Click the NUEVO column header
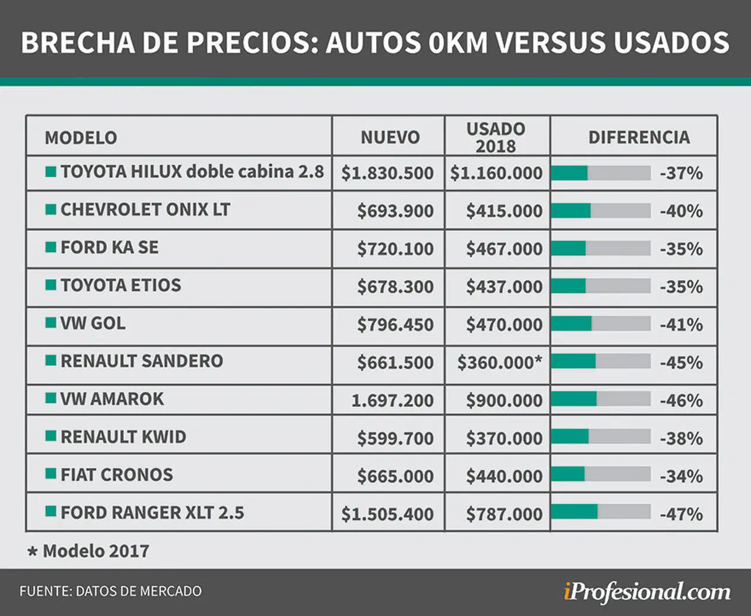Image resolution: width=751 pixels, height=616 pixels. coord(390,137)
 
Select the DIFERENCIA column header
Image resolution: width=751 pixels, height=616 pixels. coord(639,137)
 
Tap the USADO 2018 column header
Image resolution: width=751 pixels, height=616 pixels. coord(496,137)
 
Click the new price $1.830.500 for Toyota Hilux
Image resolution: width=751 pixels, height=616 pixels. coord(387,173)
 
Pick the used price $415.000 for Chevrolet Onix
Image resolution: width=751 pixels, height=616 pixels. coord(504,211)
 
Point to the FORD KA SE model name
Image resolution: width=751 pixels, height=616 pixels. coord(109,247)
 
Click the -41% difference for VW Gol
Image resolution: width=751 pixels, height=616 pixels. coord(681,324)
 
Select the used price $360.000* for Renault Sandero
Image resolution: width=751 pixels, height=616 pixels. coord(500,362)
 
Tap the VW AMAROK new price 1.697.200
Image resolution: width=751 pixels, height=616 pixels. coord(393,400)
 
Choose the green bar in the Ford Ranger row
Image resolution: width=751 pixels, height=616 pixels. coord(574,511)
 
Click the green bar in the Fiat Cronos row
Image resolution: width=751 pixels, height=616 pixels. coord(568,474)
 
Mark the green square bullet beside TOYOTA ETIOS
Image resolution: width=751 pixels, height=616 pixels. coord(50,285)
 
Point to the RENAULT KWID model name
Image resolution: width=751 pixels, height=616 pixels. coord(123,437)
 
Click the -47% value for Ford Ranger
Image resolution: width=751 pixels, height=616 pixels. coord(681,514)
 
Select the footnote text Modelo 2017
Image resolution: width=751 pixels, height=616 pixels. coord(96,551)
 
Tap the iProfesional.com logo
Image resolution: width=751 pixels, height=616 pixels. coord(647,592)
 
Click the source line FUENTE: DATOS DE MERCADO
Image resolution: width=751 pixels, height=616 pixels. coord(110,591)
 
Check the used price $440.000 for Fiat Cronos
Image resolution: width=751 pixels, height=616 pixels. coord(504,476)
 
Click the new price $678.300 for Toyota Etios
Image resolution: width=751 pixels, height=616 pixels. coord(395,286)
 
